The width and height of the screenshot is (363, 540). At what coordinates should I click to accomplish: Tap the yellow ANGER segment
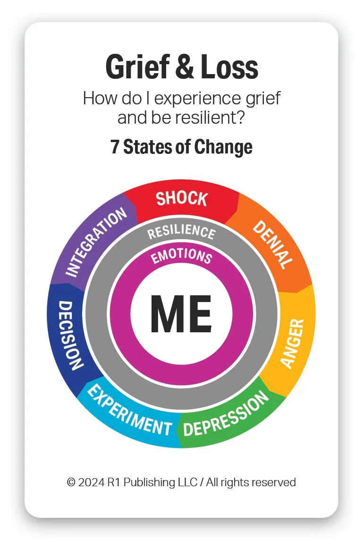click(x=293, y=343)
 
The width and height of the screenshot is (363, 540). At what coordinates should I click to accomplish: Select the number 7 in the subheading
click(x=115, y=147)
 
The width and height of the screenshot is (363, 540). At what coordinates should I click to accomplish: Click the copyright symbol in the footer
click(x=71, y=482)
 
